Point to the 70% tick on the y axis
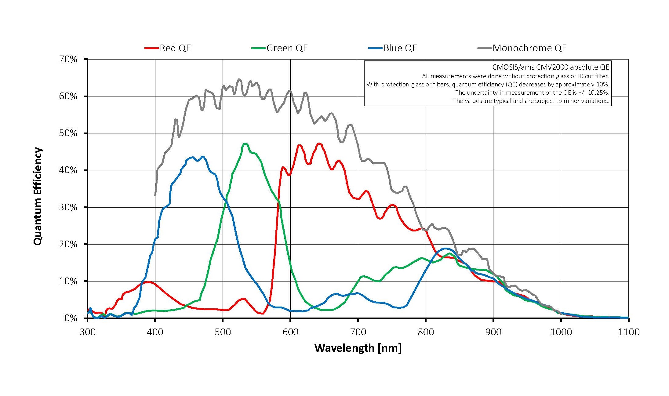point(68,59)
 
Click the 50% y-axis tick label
point(68,133)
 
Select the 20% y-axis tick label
point(68,244)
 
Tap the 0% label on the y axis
point(71,318)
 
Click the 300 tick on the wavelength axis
point(88,332)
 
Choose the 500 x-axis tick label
point(223,332)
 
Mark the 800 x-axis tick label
point(426,332)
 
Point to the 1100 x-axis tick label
point(628,332)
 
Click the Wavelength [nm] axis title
point(358,348)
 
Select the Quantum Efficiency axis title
point(38,196)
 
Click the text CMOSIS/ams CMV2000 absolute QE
point(551,67)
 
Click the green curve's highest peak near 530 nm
point(245,144)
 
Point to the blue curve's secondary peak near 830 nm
point(445,249)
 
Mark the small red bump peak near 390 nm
point(148,282)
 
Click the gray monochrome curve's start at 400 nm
point(155,195)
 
